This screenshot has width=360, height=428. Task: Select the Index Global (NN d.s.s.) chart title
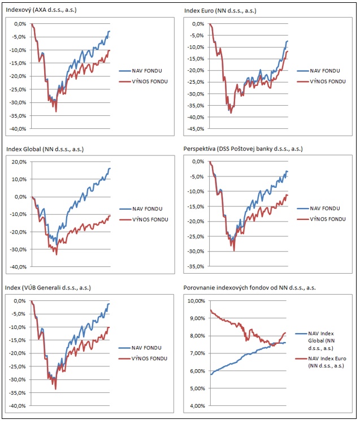(44, 149)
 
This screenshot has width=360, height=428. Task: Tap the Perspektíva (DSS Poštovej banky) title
(243, 149)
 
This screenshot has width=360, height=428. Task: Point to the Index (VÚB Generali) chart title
(48, 288)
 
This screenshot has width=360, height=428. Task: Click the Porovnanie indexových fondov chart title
(249, 288)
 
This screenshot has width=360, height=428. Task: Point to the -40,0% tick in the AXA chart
(19, 128)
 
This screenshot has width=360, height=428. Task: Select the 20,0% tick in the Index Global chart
(20, 162)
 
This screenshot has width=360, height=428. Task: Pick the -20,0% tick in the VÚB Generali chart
(19, 353)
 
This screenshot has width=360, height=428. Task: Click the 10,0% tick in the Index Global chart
(20, 179)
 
